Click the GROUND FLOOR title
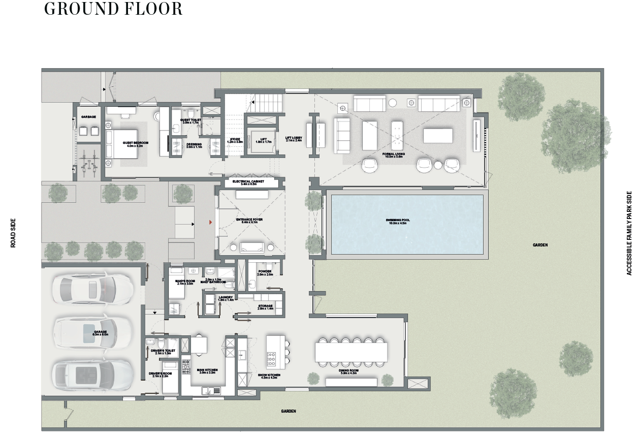click(113, 9)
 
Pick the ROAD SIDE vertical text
click(14, 233)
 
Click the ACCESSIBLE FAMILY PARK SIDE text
click(629, 233)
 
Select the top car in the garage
click(92, 289)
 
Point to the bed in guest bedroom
click(122, 143)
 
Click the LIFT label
click(263, 140)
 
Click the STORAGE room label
click(265, 307)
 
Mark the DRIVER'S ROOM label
click(159, 375)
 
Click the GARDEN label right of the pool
click(540, 245)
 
